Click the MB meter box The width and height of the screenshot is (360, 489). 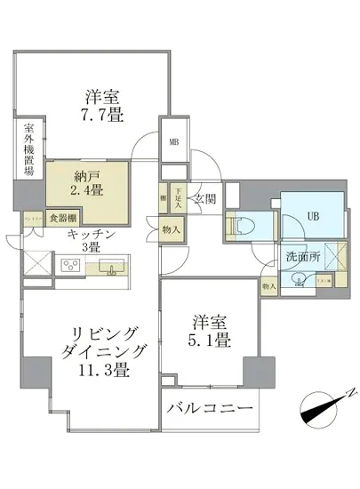173,140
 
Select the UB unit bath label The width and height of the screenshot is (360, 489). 313,214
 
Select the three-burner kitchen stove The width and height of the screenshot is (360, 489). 69,266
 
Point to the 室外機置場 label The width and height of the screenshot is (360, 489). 28,148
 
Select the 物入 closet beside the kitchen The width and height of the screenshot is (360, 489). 172,230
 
